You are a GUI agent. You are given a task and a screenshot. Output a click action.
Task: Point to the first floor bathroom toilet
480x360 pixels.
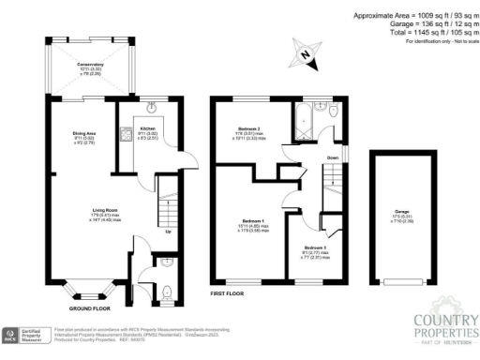334,112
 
